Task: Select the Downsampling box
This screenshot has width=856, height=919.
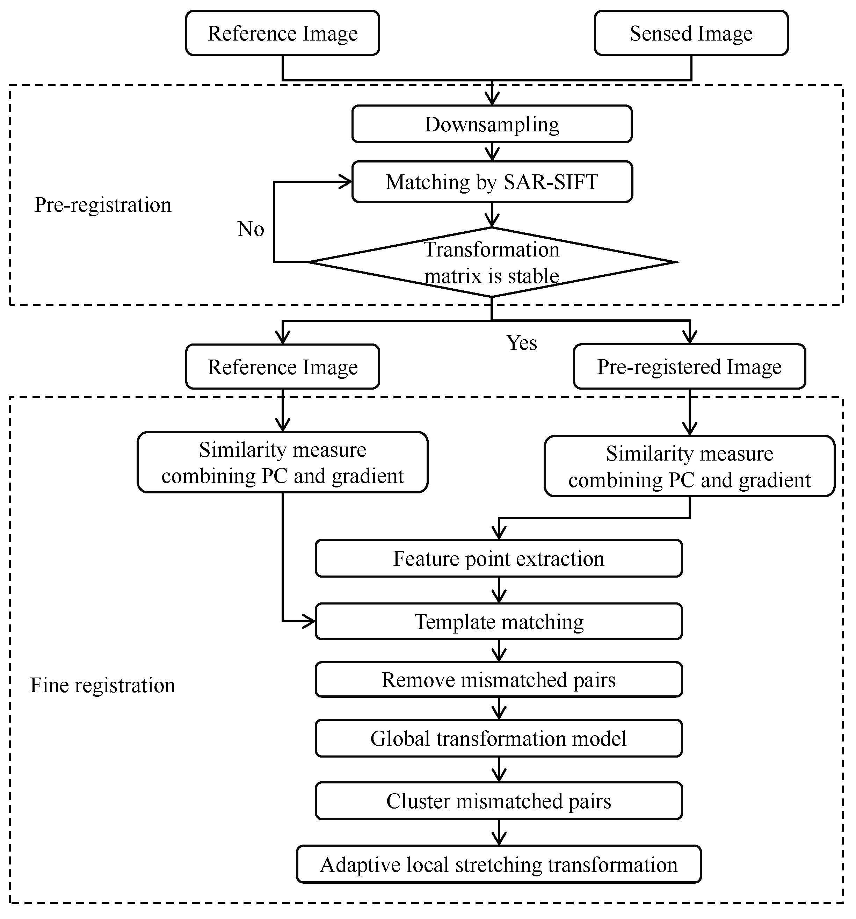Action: (492, 124)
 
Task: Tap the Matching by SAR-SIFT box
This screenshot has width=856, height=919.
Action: (492, 182)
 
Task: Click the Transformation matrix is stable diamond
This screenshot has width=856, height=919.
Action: (492, 262)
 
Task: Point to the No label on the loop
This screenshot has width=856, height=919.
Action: (251, 229)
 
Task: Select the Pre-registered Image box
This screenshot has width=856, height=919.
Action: (689, 367)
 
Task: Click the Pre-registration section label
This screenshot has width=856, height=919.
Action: (103, 205)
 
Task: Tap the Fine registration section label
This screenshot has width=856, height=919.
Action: (103, 685)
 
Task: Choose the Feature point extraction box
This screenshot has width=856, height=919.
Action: (498, 558)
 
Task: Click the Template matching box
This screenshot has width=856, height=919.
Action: (498, 622)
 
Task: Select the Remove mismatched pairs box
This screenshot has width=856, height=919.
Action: (498, 680)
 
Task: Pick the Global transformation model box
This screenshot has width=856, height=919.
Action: (498, 738)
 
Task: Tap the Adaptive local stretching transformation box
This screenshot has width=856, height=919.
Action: (498, 864)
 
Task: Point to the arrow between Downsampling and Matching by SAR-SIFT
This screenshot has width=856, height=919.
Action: (492, 152)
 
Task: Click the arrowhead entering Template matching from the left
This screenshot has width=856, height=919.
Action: (310, 622)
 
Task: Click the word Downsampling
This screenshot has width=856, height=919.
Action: (492, 124)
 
